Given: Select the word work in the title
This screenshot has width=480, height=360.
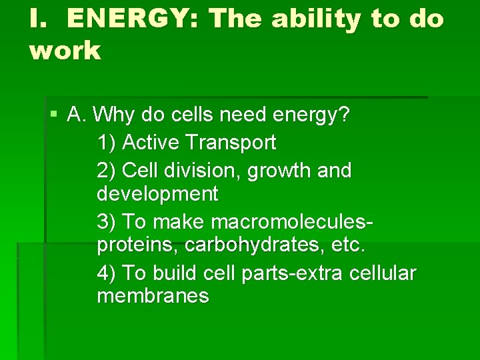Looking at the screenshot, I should coord(65,50).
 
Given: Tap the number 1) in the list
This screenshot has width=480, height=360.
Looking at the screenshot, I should coord(107,142).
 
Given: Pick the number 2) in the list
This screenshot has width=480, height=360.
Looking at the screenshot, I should coord(107,170).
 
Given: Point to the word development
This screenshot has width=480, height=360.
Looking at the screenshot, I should coord(157,194).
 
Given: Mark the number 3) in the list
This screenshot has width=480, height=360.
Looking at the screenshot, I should coord(107,220).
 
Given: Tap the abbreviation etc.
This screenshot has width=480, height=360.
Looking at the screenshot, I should coord(349,245).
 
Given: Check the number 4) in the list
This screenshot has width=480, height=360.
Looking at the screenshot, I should coord(107,273).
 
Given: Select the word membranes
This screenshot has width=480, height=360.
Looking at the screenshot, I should coord(153,296).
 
